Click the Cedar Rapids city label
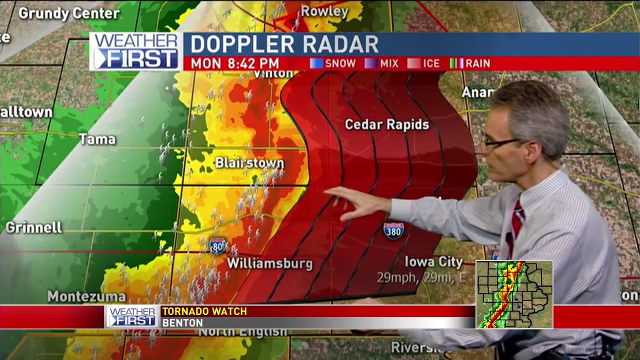pos(387,124)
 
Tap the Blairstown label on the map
pos(249,163)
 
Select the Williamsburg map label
pos(270,263)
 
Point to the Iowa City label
pos(433,262)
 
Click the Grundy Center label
pos(69,13)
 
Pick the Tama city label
pos(97,139)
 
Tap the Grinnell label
pos(34,227)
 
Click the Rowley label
pos(324,11)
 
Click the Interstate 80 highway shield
pos(218,246)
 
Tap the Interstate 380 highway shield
pos(393,230)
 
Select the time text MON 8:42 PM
pos(234,63)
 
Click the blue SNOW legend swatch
pos(316,63)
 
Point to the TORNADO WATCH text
pos(204,311)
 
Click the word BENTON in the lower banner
pos(182,323)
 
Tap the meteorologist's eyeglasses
pos(501,142)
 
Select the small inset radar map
pos(514,294)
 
